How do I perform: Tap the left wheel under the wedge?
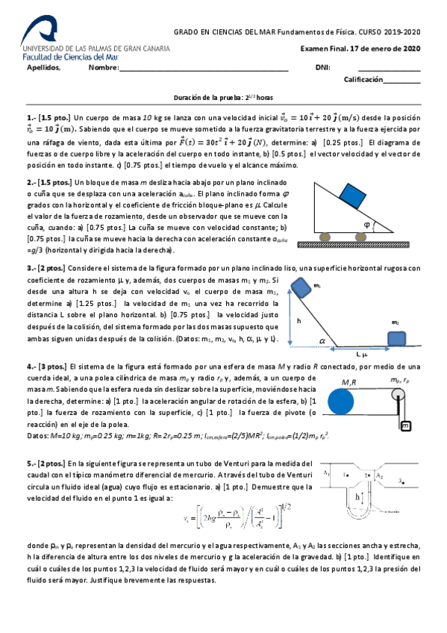pyautogui.click(x=326, y=237)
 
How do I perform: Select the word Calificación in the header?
pyautogui.click(x=363, y=79)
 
